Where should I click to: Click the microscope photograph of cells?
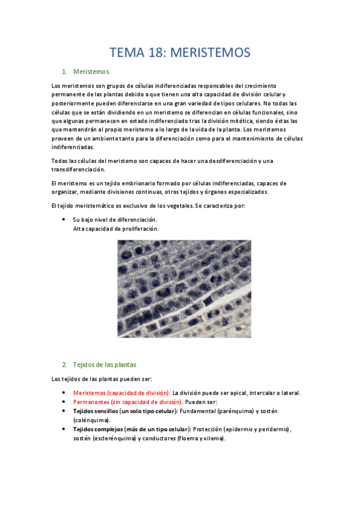click(x=184, y=288)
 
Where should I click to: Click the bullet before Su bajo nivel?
click(x=64, y=220)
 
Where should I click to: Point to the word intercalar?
click(x=245, y=393)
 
